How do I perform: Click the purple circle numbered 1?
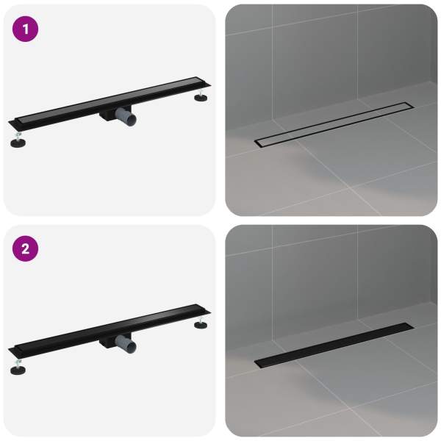25,29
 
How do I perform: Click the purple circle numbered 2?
25,248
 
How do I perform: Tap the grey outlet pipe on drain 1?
126,117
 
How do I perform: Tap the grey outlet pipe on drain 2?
126,344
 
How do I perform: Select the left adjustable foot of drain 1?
18,140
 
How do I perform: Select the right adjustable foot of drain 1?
201,96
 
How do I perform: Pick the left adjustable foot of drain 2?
18,367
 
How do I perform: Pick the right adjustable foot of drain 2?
201,323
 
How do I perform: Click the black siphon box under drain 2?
108,342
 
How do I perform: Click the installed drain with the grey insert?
334,125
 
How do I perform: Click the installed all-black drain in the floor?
334,345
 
